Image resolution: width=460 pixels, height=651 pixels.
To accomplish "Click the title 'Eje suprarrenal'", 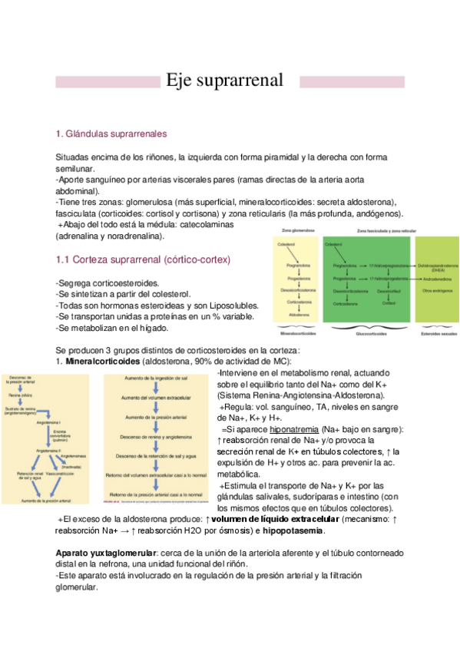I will coord(225,81).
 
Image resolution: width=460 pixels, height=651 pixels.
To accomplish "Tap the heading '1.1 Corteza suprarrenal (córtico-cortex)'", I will coord(144,259).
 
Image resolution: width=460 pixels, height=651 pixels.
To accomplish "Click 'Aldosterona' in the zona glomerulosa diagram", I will coord(290,314).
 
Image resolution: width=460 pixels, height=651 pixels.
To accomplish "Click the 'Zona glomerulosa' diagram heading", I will coord(292,230).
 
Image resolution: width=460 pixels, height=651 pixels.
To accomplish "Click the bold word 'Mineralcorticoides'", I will coord(103,360).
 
